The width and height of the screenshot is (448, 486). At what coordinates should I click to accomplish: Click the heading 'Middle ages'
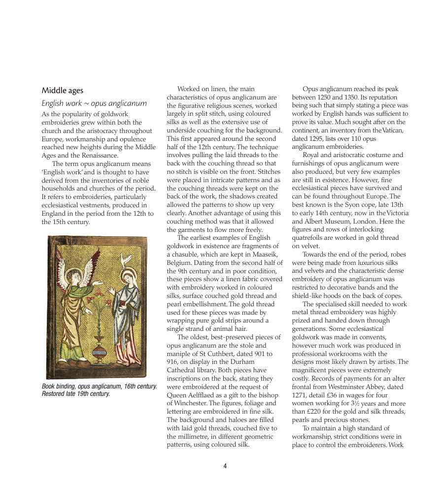click(x=62, y=91)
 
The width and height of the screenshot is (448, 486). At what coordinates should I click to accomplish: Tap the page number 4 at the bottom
click(x=225, y=466)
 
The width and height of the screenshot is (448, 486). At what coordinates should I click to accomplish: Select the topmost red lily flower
click(x=101, y=292)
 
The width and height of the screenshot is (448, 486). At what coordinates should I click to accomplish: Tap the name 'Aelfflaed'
click(x=204, y=395)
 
